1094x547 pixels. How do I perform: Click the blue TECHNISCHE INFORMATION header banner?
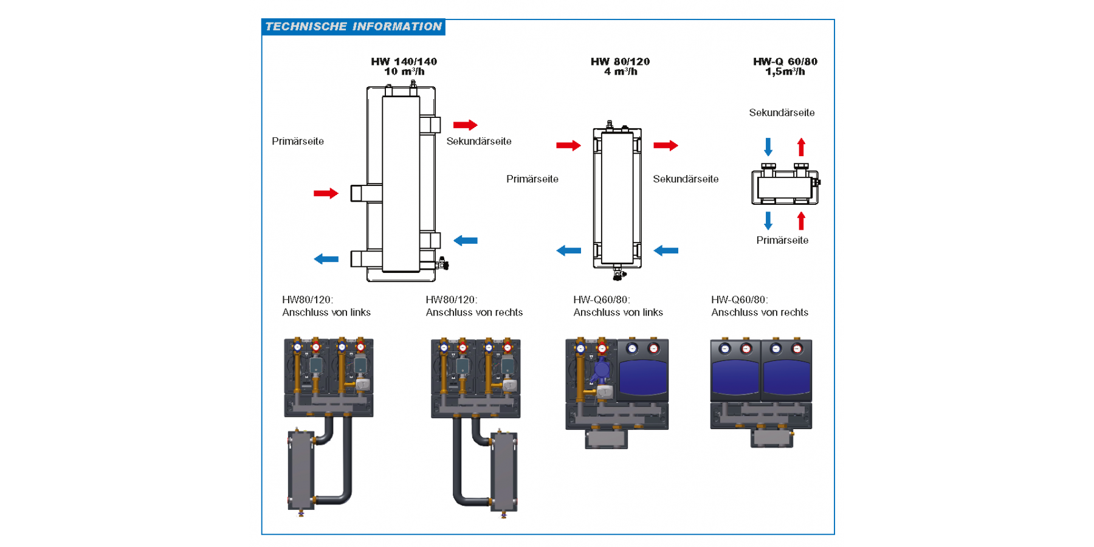pyautogui.click(x=353, y=27)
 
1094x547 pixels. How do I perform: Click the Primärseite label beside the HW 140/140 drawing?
pyautogui.click(x=298, y=142)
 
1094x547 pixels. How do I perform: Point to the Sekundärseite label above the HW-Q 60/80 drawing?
pyautogui.click(x=782, y=113)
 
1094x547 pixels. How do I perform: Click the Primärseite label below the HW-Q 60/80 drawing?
pyautogui.click(x=782, y=241)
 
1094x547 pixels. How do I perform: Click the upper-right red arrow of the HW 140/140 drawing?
pyautogui.click(x=465, y=125)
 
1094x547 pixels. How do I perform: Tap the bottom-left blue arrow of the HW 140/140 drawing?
pyautogui.click(x=326, y=260)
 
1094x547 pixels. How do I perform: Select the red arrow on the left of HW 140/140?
pyautogui.click(x=326, y=194)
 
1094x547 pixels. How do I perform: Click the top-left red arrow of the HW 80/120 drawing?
pyautogui.click(x=568, y=146)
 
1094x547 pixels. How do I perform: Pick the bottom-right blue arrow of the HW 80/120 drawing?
pyautogui.click(x=666, y=250)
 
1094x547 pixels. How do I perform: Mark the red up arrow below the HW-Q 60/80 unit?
pyautogui.click(x=801, y=221)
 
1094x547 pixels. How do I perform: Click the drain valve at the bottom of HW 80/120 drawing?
pyautogui.click(x=618, y=273)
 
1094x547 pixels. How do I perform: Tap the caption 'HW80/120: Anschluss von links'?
pyautogui.click(x=326, y=306)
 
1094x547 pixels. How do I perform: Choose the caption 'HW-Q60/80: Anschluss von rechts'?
pyautogui.click(x=760, y=306)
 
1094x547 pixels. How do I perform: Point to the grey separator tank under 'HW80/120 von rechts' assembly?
pyautogui.click(x=504, y=471)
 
